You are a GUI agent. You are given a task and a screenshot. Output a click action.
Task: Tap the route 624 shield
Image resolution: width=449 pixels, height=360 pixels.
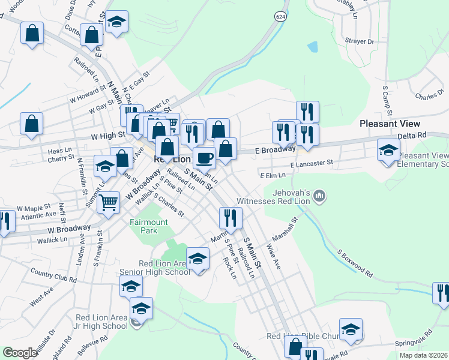(x=280, y=16)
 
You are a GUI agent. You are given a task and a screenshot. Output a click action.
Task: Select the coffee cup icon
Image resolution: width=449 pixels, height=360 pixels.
(x=204, y=158)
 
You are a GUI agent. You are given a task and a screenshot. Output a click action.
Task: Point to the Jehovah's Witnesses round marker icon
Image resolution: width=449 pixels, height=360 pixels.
(x=320, y=195)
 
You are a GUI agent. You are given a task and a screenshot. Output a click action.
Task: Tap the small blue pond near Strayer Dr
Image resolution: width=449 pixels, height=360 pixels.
(x=312, y=46)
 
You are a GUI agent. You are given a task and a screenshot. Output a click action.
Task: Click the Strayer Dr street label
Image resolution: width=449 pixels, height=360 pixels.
(x=360, y=42)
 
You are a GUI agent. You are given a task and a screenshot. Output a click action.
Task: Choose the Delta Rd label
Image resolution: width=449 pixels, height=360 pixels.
(x=411, y=135)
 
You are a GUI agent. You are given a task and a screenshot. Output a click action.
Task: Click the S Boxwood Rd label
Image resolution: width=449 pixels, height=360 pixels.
(x=355, y=264)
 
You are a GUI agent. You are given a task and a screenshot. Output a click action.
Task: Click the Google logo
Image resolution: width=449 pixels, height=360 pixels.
(x=20, y=353)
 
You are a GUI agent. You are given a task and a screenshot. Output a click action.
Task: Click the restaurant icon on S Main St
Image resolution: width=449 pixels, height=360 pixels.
(x=231, y=218)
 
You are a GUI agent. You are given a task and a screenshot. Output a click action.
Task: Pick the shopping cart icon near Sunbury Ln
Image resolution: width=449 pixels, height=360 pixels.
(x=109, y=203)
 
